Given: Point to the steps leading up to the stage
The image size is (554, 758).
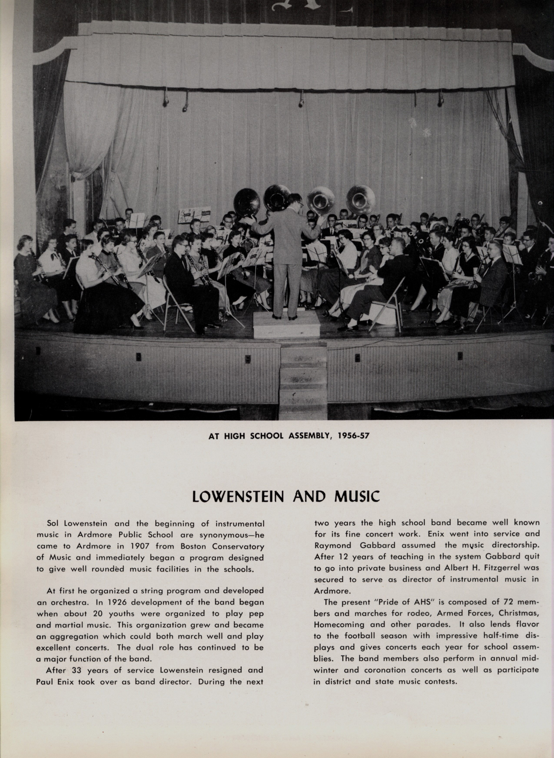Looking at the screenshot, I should coord(303,380).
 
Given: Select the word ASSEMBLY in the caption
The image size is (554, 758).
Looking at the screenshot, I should coord(310,436).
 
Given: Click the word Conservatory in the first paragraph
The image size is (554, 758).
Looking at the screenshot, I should coord(238,546).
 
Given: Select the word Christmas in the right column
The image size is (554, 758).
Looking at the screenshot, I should coord(518,613).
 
